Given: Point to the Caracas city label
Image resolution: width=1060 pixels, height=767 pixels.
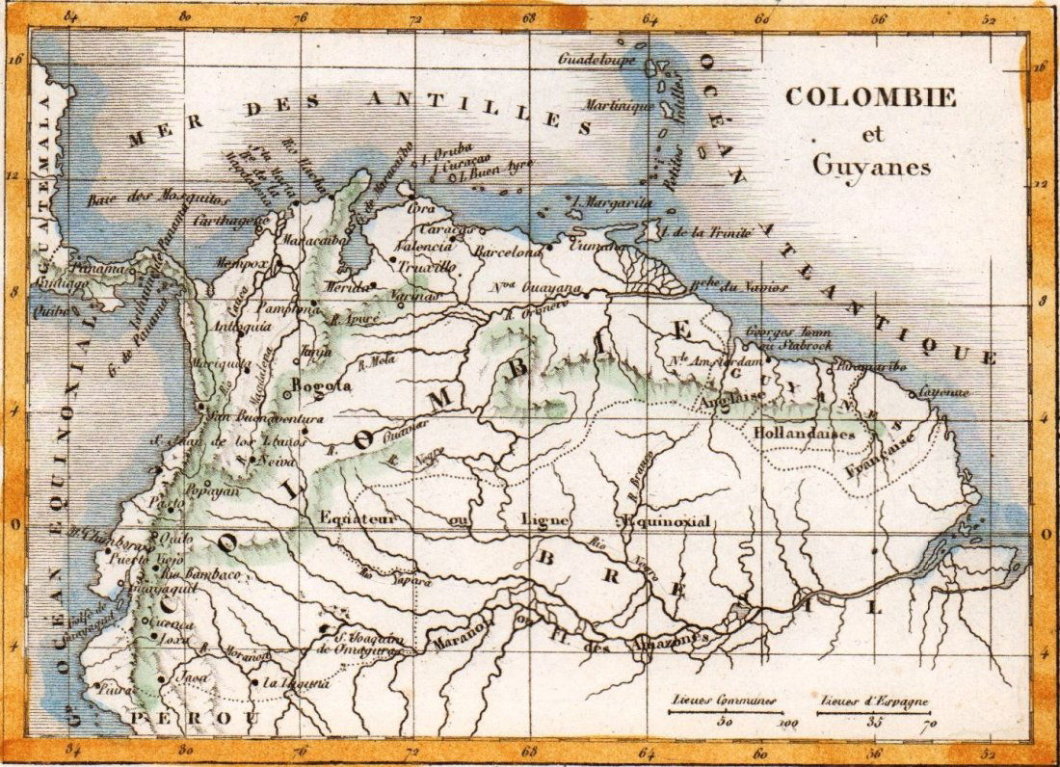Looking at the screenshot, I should [446, 230].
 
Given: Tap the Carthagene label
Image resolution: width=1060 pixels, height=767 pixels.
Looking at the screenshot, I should [230, 221].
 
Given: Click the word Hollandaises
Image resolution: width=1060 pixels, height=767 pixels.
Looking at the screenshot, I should [806, 434].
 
